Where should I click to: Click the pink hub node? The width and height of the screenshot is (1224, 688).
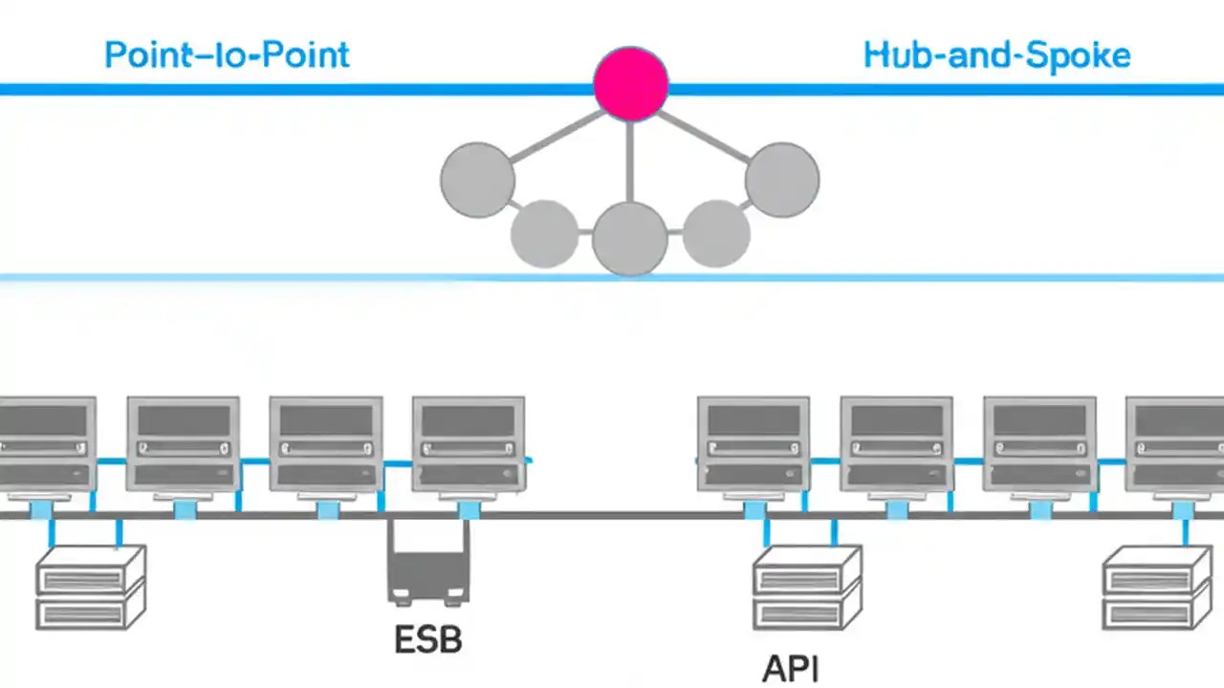(x=630, y=84)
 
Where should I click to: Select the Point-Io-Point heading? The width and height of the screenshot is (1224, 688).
(x=227, y=54)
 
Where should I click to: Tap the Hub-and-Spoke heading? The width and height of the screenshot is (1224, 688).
(x=996, y=54)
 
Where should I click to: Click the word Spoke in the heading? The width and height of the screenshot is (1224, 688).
(x=1077, y=54)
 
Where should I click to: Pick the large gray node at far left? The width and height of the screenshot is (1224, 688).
(x=477, y=180)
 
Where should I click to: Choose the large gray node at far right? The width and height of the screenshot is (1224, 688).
(x=781, y=180)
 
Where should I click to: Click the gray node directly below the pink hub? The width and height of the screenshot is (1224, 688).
(x=629, y=239)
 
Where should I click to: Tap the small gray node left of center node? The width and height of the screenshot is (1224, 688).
(x=545, y=233)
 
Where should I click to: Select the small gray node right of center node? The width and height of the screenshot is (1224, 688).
(x=716, y=233)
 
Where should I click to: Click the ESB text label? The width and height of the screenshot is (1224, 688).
(x=427, y=639)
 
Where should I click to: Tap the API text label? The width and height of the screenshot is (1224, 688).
(x=790, y=669)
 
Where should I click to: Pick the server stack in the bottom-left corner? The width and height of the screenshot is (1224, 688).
(x=90, y=587)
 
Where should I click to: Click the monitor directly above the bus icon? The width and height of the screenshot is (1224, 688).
(x=468, y=444)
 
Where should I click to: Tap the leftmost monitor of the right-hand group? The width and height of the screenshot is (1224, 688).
(x=753, y=444)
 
